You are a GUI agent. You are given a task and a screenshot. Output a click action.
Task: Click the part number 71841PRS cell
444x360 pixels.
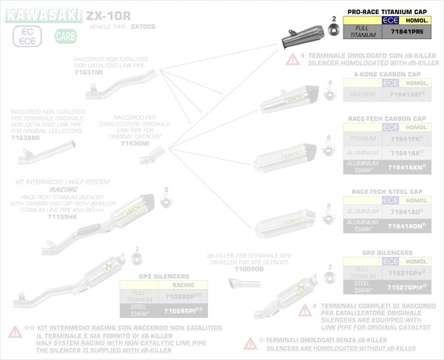[x=406, y=33]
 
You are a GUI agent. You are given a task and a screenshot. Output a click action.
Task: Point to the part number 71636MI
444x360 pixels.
[x=135, y=143]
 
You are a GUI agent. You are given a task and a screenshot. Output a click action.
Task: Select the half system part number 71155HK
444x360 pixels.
[x=62, y=216]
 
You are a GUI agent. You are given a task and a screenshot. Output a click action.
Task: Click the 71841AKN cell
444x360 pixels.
[x=406, y=168]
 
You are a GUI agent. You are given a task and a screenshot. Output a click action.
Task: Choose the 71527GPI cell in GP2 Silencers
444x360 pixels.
[x=406, y=285]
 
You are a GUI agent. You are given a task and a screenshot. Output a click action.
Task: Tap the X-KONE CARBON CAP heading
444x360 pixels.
[x=387, y=74]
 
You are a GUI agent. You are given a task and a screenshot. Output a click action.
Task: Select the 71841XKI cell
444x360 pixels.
[x=406, y=96]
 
